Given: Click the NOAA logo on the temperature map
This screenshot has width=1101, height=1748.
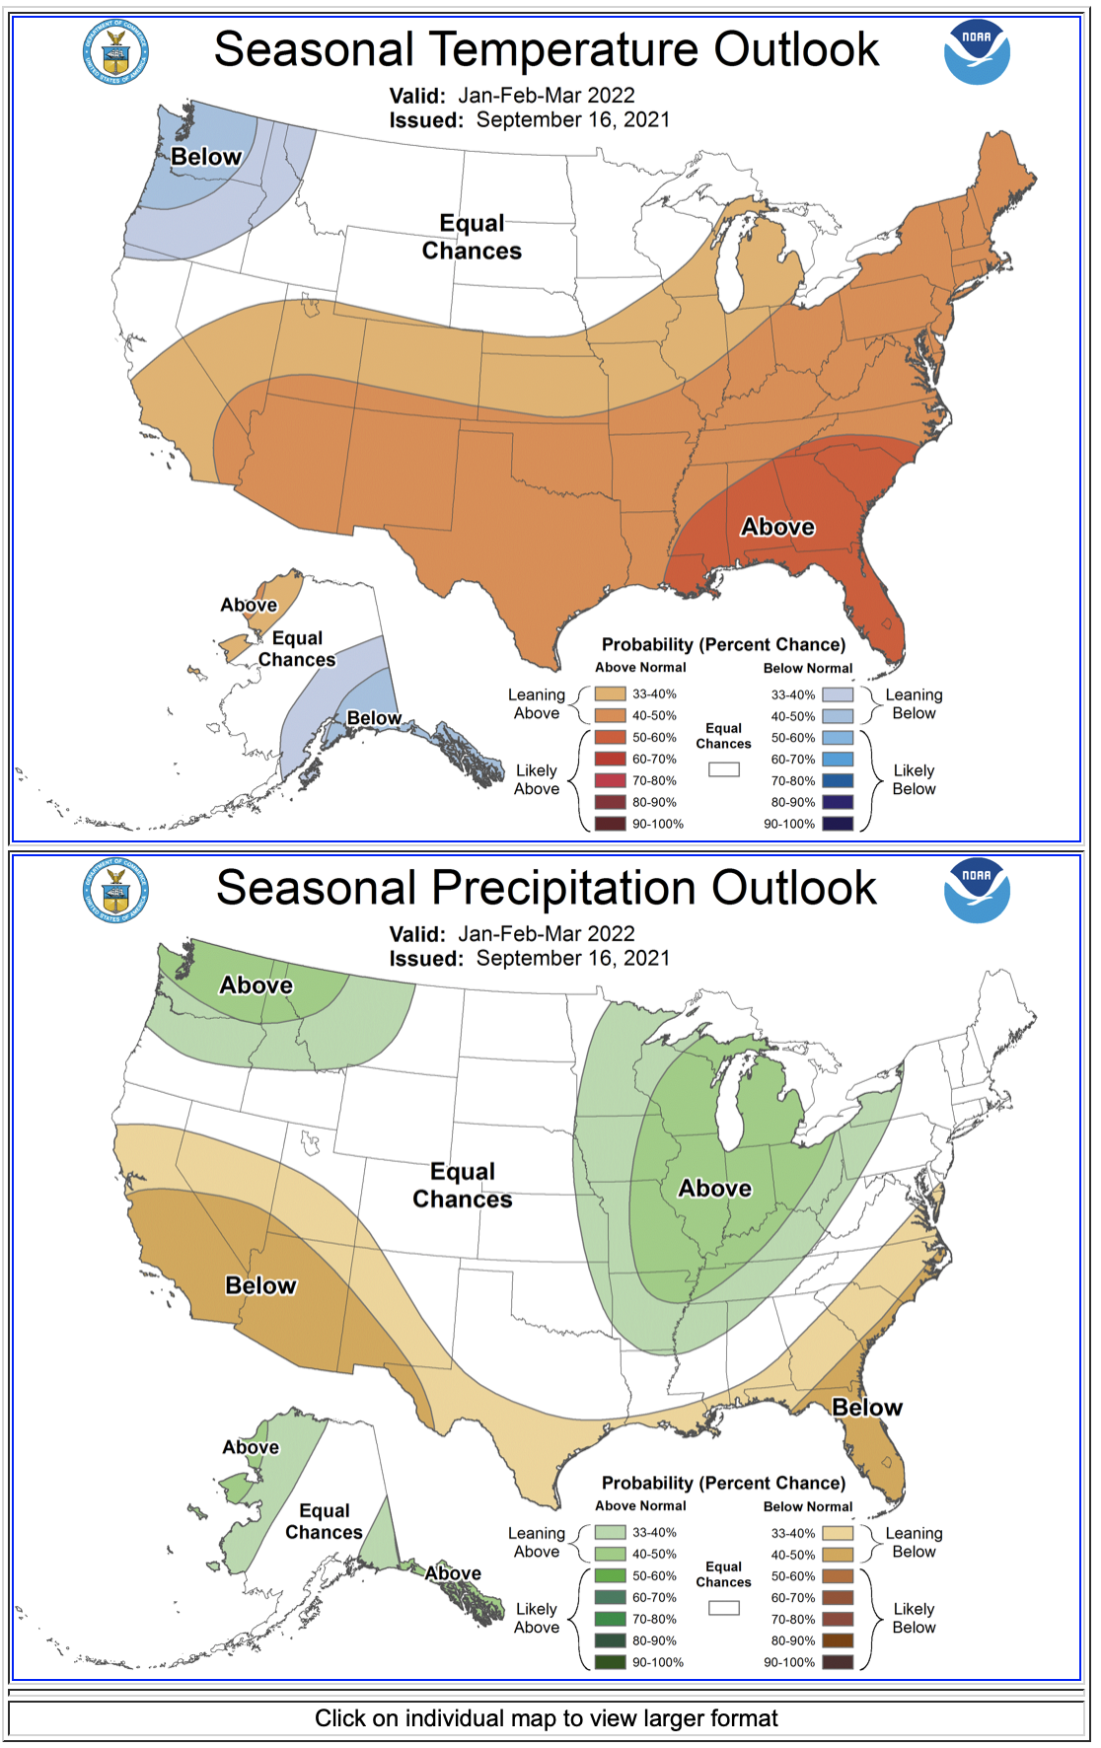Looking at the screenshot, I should pos(976,52).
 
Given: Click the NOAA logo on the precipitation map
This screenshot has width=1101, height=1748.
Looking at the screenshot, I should pos(976,891).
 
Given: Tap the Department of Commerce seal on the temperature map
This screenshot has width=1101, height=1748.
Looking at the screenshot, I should pos(115,52).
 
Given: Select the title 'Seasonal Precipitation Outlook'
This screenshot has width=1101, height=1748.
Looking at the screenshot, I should pos(546,888).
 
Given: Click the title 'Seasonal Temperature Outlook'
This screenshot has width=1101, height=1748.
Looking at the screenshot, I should pos(546,49).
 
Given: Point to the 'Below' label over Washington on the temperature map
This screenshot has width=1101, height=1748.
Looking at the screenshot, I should pos(205,157).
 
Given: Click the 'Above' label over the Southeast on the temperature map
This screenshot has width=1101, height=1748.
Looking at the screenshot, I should pos(777,527).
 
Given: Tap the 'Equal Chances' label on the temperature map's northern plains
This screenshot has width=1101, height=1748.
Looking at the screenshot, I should pos(472,237).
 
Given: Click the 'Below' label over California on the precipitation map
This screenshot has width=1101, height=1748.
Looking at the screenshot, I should pos(260,1285).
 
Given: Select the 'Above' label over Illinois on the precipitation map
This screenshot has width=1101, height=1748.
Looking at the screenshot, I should pos(714,1189).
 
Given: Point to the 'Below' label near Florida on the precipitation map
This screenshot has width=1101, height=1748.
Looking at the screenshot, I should pos(866,1408).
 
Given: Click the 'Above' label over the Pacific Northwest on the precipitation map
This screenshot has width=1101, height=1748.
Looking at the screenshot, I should pos(256,985).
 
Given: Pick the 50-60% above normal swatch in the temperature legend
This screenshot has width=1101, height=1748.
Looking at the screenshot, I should pos(610,738).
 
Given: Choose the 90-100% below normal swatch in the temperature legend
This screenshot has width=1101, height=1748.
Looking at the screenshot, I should pos(838,824).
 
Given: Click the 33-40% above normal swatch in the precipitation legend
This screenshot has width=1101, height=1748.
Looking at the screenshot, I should pos(610,1533).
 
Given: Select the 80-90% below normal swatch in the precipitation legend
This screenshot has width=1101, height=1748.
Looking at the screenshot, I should pos(838,1640).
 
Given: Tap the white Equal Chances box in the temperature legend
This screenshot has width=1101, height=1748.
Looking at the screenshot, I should pos(723,769).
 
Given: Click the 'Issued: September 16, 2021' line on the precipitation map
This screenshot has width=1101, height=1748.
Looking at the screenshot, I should pos(529,958).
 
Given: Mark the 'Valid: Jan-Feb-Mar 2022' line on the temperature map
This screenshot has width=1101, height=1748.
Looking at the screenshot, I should pos(512,96).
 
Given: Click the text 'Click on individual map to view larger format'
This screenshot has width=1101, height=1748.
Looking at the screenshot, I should pos(546,1718).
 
